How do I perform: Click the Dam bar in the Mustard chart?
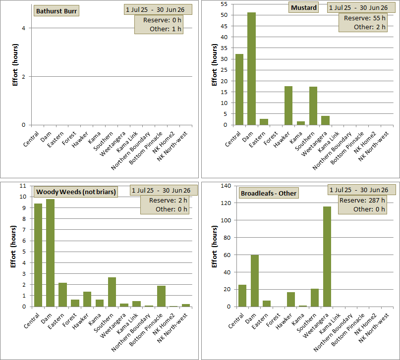coord(251,69)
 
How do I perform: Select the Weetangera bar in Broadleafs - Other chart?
coord(327,257)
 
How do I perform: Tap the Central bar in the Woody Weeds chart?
coord(38,255)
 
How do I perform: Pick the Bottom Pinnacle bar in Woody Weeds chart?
coord(161,296)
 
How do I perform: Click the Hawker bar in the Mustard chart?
coord(288,106)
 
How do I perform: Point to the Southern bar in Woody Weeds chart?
coord(112,292)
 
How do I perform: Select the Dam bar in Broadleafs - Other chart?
coord(255,281)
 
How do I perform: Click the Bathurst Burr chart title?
coord(57,11)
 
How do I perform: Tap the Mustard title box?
coord(304,7)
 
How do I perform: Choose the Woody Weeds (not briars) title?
coord(76,192)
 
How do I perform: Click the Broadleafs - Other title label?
coord(269,194)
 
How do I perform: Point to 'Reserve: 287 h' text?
coord(362,200)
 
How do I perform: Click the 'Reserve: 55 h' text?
coord(364,18)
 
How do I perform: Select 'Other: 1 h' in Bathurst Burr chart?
coord(166,29)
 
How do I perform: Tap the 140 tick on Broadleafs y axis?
coord(226,186)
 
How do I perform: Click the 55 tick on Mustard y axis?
coord(224,4)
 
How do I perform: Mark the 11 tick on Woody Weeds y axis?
coord(23,186)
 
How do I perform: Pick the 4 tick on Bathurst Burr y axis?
coord(24,28)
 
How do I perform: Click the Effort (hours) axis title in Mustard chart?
coord(215,65)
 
